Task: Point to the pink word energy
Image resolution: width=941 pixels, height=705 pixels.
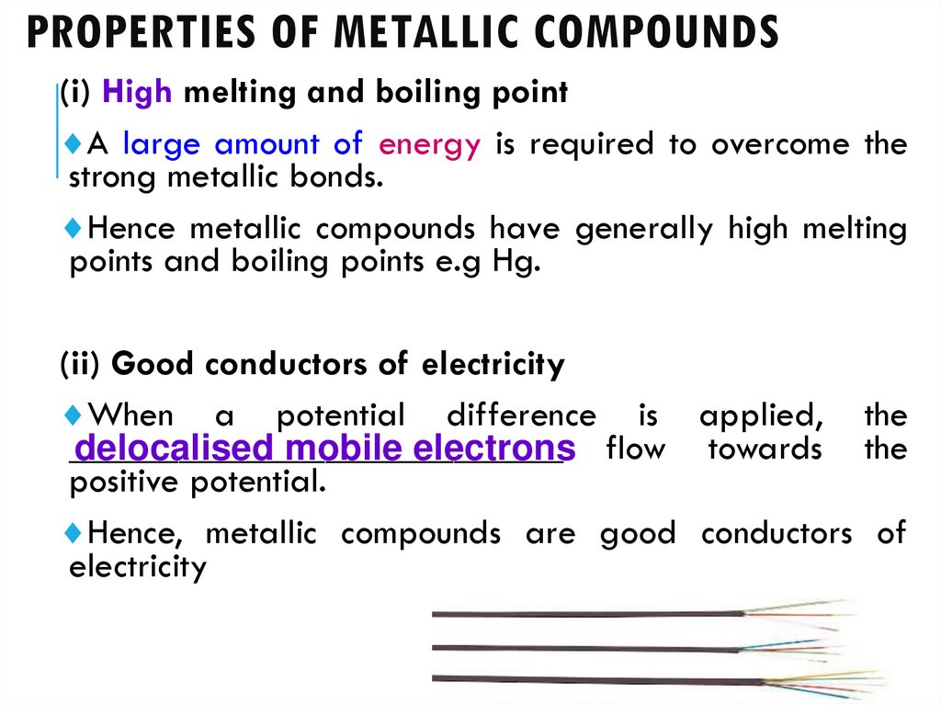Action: (429, 145)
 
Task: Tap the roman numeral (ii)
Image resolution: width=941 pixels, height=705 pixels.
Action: (82, 365)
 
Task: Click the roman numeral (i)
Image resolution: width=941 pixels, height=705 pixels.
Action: (77, 93)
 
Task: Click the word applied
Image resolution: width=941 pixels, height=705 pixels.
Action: (761, 415)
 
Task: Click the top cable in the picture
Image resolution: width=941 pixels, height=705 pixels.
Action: (588, 613)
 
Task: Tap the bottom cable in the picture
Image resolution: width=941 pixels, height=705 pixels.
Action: (588, 679)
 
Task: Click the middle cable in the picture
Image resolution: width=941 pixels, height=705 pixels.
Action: (588, 647)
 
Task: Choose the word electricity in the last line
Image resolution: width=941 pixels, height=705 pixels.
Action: (138, 566)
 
